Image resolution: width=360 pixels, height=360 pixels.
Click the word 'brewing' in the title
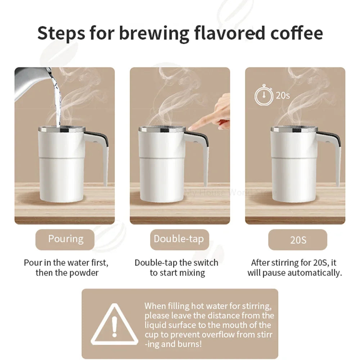point(154,33)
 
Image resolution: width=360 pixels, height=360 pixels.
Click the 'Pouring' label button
point(66,239)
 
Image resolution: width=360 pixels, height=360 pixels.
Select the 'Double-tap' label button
point(179,239)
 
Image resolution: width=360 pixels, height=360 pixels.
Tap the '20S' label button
point(298,240)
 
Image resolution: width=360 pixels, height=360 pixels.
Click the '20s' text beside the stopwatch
point(283,95)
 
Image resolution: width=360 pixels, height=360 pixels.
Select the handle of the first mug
point(103,155)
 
